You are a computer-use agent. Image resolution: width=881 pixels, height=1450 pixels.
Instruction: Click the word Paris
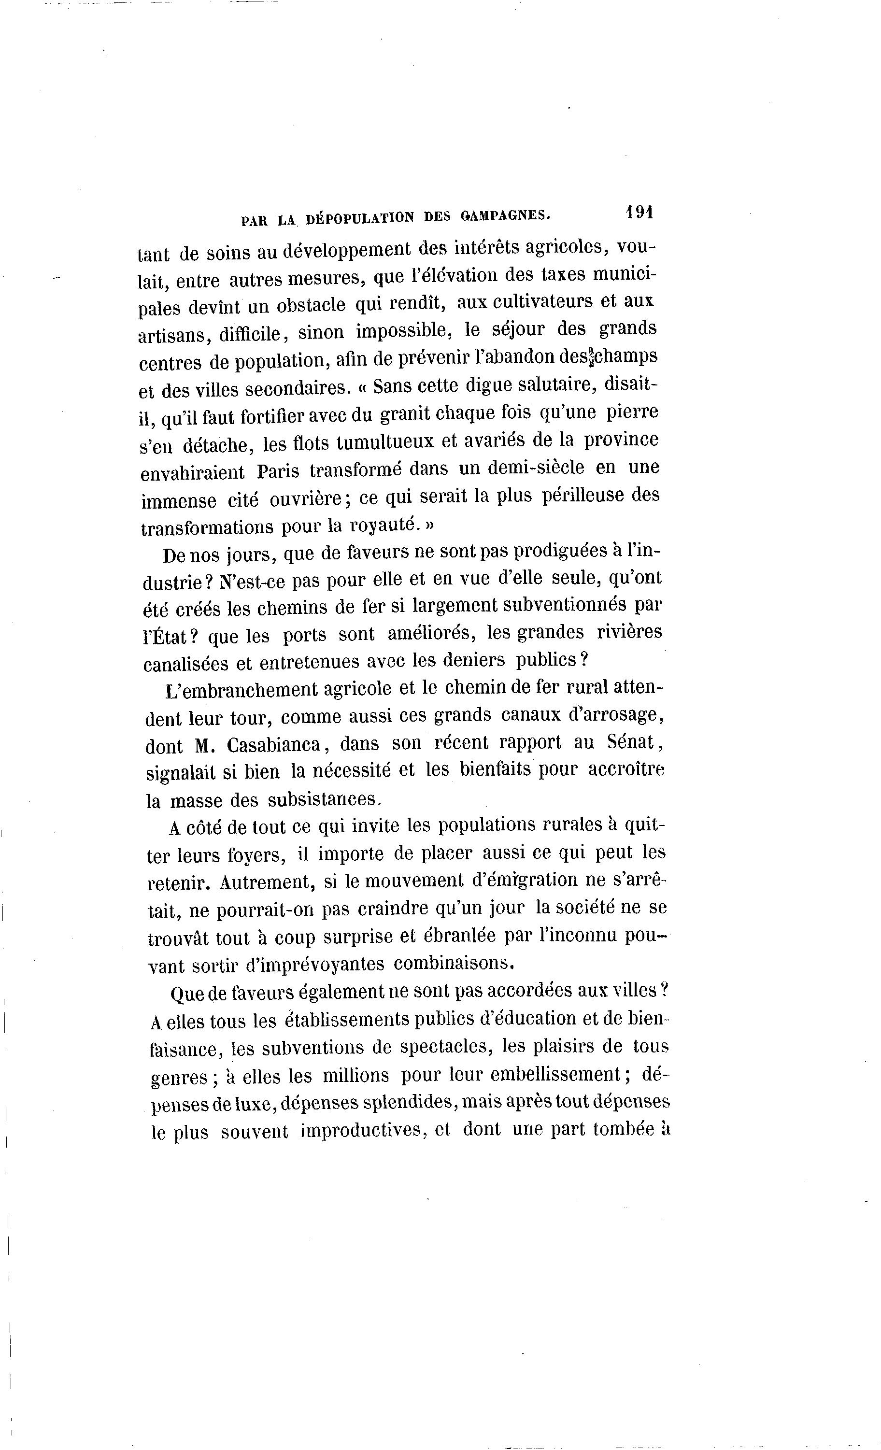(280, 471)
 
